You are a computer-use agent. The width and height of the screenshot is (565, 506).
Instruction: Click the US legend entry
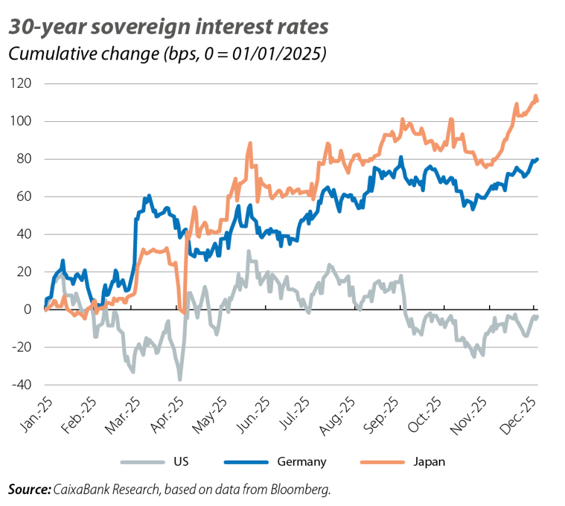pyautogui.click(x=177, y=463)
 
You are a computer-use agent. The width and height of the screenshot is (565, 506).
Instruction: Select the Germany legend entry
pyautogui.click(x=301, y=463)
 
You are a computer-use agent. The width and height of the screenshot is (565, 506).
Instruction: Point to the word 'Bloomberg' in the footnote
pyautogui.click(x=305, y=488)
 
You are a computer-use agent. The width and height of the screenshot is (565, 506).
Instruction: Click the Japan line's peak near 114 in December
pyautogui.click(x=536, y=96)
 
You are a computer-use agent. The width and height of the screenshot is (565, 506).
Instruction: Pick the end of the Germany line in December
pyautogui.click(x=538, y=159)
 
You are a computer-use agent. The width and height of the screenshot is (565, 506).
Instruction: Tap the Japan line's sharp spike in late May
pyautogui.click(x=250, y=143)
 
